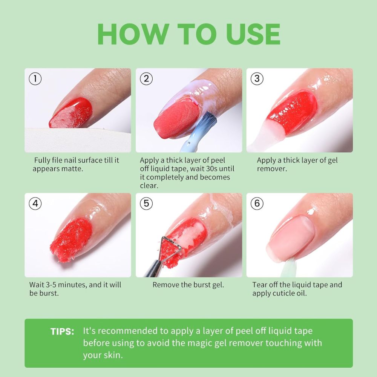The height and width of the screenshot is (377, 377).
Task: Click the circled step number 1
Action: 35,78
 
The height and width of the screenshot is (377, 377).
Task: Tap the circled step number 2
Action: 146,78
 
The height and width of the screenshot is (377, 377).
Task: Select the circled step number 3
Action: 257,78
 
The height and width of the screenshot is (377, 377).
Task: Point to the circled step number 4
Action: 35,204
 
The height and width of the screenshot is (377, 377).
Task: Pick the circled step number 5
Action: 146,204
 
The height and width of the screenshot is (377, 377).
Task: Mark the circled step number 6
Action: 257,204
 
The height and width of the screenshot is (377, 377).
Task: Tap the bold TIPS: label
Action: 62,332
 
